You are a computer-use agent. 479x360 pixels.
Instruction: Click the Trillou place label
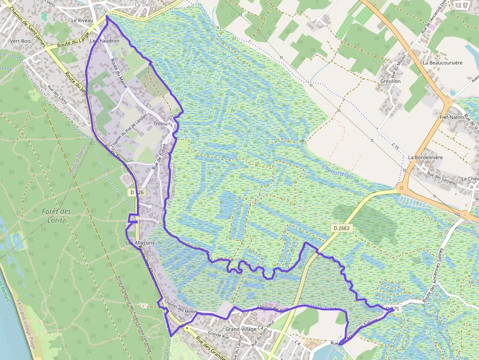[161, 124]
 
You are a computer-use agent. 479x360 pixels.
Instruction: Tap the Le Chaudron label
[105, 41]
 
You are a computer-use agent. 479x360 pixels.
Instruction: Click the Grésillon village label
[390, 81]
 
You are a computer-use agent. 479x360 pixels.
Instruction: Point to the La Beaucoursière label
[442, 63]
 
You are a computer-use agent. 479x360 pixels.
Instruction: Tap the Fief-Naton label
[451, 117]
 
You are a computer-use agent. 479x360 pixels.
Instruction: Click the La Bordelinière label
[425, 158]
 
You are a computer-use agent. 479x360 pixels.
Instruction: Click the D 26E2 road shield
[342, 228]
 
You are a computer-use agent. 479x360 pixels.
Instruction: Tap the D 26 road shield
[137, 192]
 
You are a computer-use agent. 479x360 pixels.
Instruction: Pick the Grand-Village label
[241, 329]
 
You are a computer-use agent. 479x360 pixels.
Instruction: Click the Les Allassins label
[140, 243]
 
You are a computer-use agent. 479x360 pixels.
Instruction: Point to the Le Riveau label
[81, 21]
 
